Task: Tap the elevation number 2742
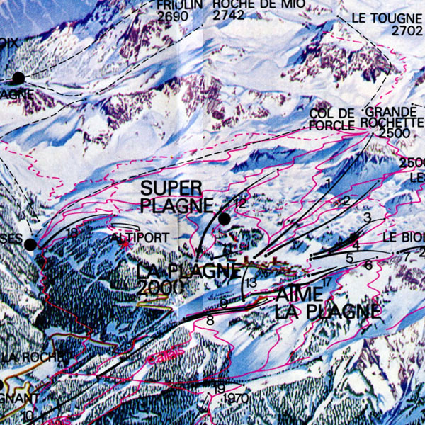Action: coord(229,15)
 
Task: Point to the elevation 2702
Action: coord(406,31)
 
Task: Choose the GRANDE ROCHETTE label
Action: coord(389,117)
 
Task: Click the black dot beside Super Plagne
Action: coord(225,220)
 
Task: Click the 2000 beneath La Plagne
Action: coord(161,287)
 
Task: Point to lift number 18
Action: coord(72,232)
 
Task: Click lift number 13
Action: coord(251,283)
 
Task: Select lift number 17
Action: coord(327,283)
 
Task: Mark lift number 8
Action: coord(210,320)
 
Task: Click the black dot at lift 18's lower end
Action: coord(30,244)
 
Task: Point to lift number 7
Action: coord(407,255)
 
